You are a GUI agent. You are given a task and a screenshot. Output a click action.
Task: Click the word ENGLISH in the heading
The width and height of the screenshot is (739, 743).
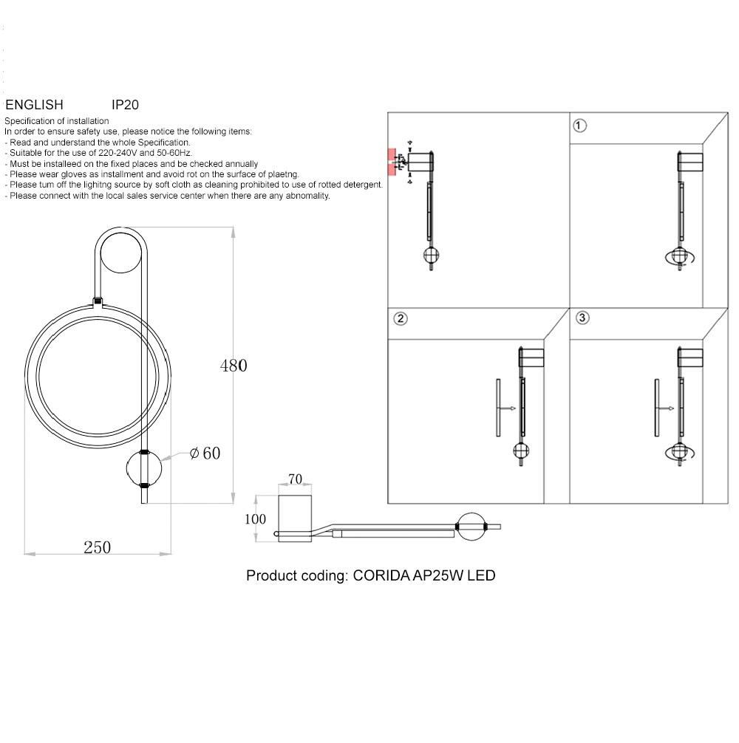34,105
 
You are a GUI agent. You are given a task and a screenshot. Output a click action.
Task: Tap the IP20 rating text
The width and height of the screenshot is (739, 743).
125,105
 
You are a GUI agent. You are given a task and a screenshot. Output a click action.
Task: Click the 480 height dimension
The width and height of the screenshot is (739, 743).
233,366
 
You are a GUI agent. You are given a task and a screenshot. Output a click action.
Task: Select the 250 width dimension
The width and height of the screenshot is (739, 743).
97,547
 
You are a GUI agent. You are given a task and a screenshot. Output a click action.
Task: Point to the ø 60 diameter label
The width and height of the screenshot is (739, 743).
205,453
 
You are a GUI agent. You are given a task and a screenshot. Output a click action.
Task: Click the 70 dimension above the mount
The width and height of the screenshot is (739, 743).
295,479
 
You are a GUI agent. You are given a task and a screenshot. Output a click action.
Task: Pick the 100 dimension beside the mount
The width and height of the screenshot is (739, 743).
255,519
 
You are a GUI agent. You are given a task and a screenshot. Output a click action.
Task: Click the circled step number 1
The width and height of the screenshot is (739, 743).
580,126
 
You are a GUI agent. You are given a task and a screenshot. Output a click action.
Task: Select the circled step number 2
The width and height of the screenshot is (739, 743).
400,319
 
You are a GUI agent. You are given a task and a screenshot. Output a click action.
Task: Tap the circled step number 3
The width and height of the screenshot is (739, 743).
582,318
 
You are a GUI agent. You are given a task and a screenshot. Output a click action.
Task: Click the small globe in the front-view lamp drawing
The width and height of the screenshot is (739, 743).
145,468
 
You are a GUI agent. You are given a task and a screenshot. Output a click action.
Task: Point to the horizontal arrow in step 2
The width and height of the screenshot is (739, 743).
506,408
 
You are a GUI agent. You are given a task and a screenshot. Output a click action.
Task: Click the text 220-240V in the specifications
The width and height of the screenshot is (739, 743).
120,153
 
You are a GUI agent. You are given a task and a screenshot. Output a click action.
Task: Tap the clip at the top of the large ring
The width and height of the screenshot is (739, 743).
97,301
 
